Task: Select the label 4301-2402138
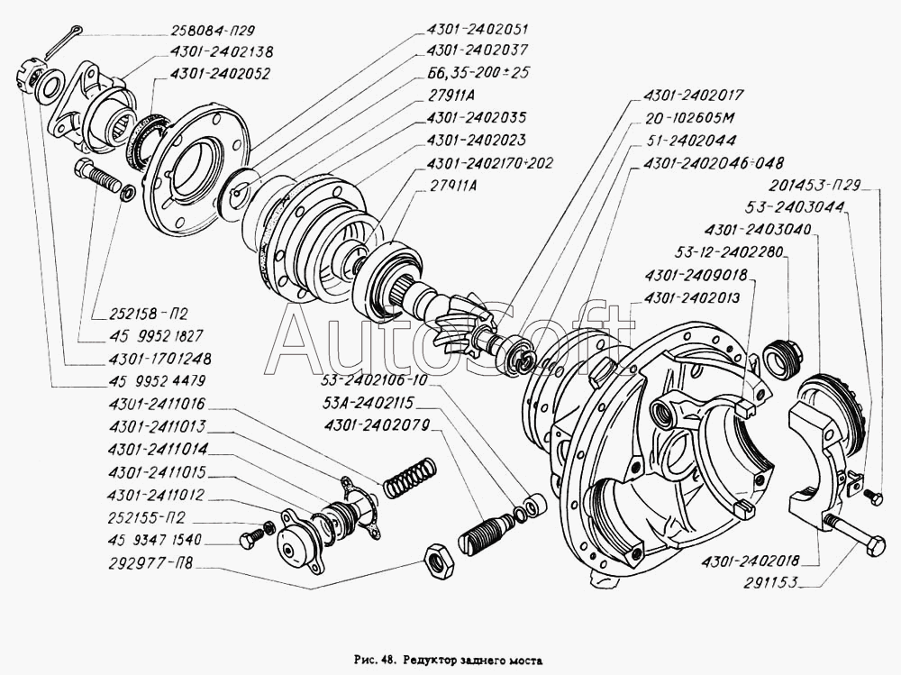pos(222,51)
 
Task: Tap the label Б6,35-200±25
pos(478,72)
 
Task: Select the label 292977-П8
pos(150,563)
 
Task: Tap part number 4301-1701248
pos(159,359)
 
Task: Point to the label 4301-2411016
pos(157,404)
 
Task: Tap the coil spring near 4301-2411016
pos(410,478)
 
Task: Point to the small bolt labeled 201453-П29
pos(874,495)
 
